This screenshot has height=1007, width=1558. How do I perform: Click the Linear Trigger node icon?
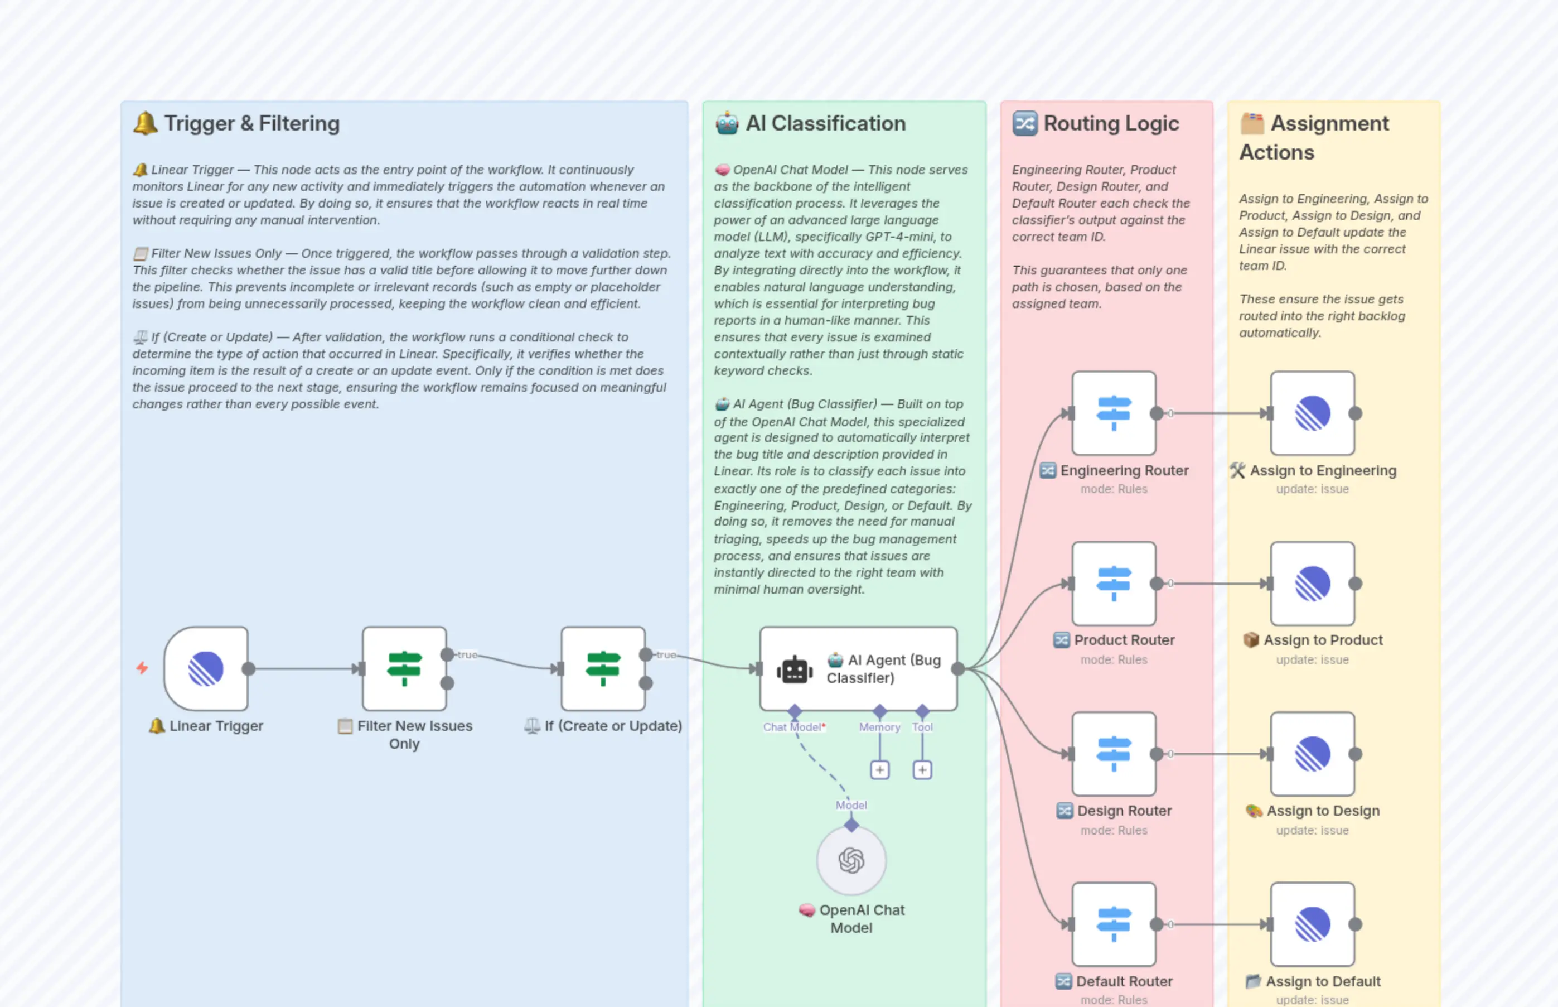pos(206,668)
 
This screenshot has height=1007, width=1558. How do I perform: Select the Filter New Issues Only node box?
pos(404,668)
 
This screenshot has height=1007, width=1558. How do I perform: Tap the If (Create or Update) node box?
pos(603,668)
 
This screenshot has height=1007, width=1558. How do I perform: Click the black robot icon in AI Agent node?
pos(794,670)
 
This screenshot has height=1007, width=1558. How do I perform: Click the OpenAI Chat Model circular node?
pos(851,860)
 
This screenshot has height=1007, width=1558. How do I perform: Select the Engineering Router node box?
pos(1114,413)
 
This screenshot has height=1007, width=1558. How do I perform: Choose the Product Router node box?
pos(1114,583)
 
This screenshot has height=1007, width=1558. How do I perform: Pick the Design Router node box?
pos(1114,754)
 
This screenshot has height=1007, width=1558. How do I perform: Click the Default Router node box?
pos(1114,924)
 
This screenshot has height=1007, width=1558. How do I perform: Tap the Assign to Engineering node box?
pos(1312,413)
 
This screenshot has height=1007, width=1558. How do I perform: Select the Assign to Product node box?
pos(1312,583)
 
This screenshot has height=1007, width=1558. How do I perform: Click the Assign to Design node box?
pos(1312,754)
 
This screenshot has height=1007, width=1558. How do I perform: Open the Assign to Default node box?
pos(1312,924)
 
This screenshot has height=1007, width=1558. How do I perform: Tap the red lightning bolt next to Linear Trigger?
pos(142,668)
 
